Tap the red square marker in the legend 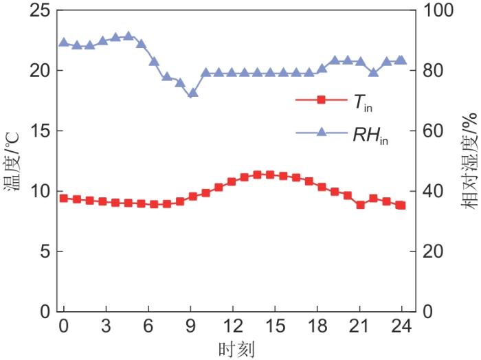[320, 100]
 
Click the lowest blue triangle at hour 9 [193, 93]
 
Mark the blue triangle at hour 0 [64, 43]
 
